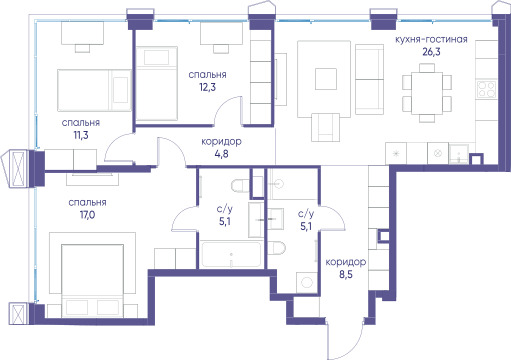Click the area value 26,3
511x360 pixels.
(431, 52)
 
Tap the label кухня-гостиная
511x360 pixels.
(431, 39)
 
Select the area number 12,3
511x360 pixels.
(207, 87)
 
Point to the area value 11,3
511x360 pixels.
(81, 135)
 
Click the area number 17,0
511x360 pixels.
(87, 215)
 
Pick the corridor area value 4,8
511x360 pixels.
(221, 154)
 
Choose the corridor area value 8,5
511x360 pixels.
(346, 275)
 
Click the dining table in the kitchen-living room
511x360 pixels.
(427, 93)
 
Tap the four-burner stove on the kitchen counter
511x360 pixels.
(486, 89)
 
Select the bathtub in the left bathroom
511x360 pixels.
(231, 254)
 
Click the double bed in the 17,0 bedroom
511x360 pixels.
(93, 281)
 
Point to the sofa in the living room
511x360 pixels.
(370, 79)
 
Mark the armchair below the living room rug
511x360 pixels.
(326, 127)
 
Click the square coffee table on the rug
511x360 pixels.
(326, 79)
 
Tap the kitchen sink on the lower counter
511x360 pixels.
(459, 154)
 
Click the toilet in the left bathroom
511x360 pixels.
(241, 186)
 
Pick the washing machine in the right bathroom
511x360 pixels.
(306, 283)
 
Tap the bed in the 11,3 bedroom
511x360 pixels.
(94, 90)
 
